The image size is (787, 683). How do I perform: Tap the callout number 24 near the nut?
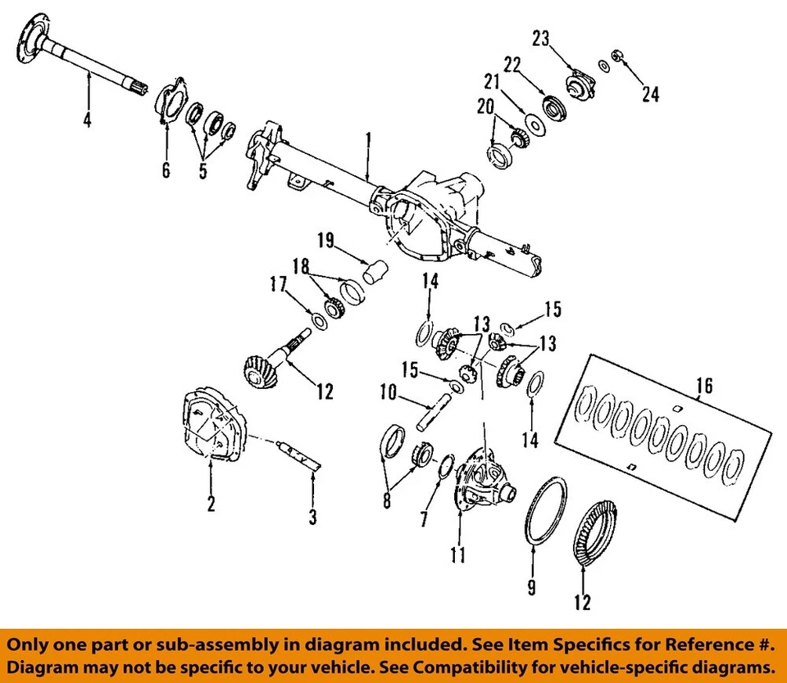click(650, 94)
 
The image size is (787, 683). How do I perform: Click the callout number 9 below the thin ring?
click(533, 586)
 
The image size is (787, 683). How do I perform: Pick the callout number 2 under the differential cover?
click(211, 504)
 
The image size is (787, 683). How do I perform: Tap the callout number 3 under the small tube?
click(312, 517)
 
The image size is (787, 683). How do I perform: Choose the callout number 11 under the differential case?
click(458, 555)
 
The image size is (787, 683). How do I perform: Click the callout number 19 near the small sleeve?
click(325, 240)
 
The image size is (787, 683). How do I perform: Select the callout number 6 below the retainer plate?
click(166, 170)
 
